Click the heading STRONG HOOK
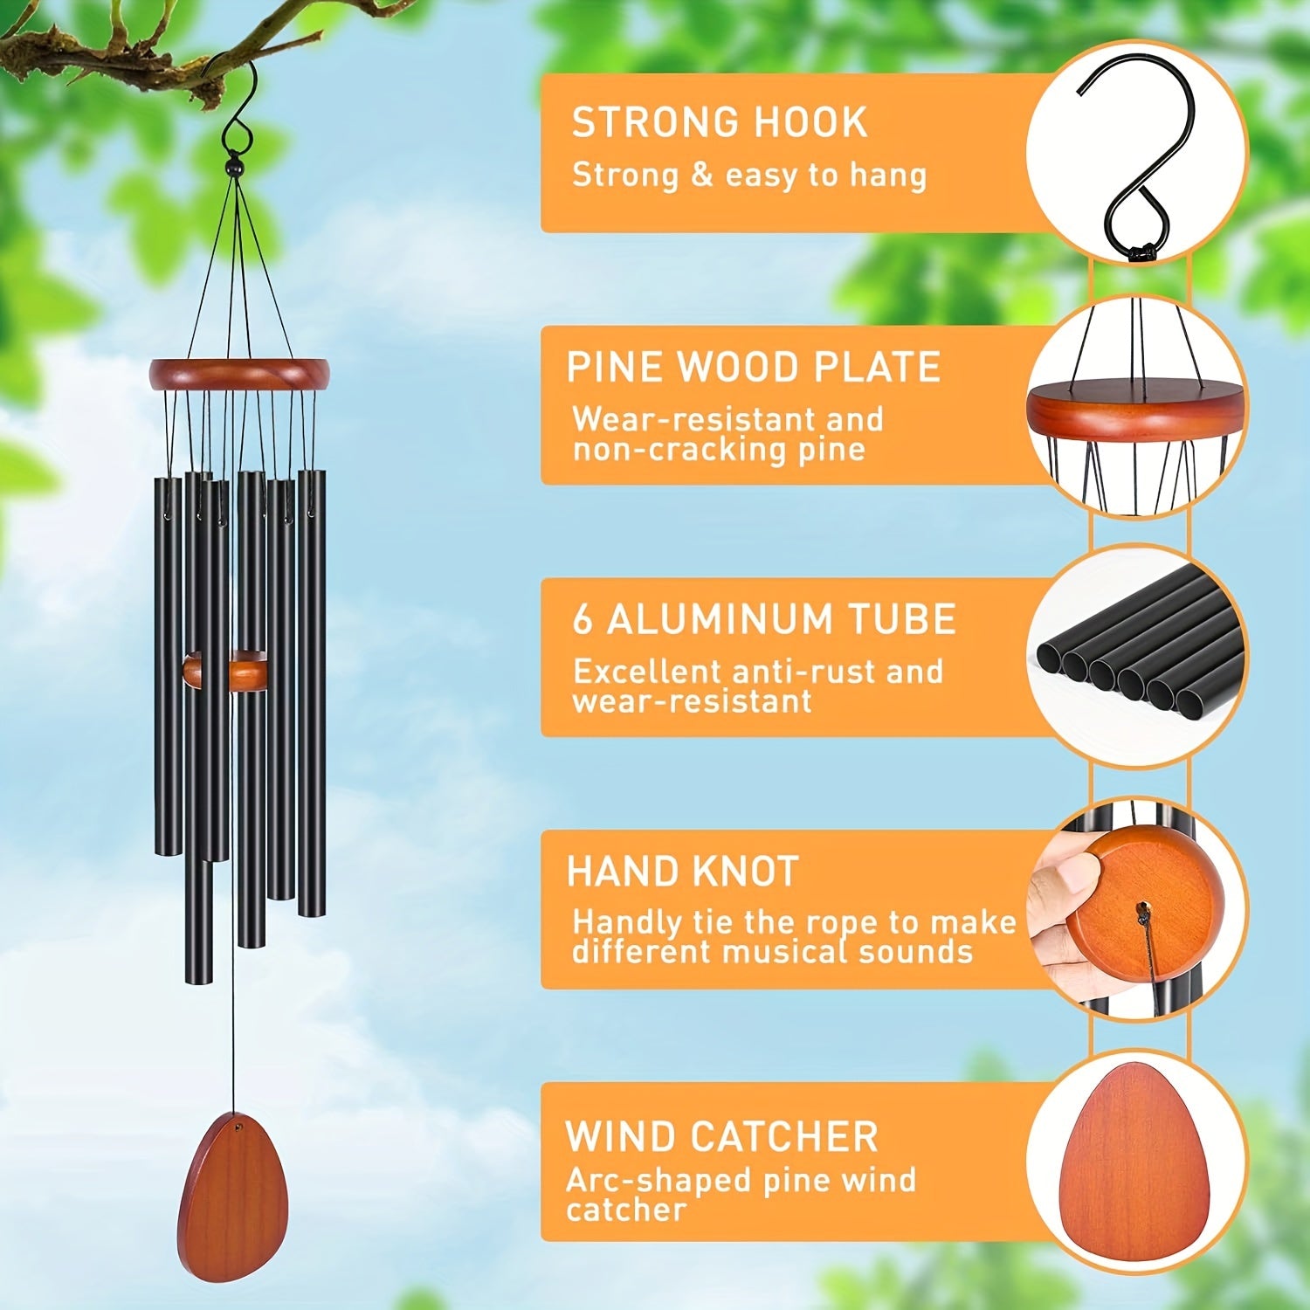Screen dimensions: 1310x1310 [x=720, y=122]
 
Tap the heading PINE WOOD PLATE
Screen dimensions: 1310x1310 [x=754, y=367]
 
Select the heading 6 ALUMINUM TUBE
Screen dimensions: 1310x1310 [x=764, y=619]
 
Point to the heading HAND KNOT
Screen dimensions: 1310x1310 [x=683, y=872]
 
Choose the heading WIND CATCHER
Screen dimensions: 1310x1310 [x=721, y=1136]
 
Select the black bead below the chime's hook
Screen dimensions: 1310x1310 [x=233, y=165]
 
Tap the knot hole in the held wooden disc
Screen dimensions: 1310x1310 [x=1141, y=913]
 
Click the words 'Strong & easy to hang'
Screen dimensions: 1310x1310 [x=748, y=175]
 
